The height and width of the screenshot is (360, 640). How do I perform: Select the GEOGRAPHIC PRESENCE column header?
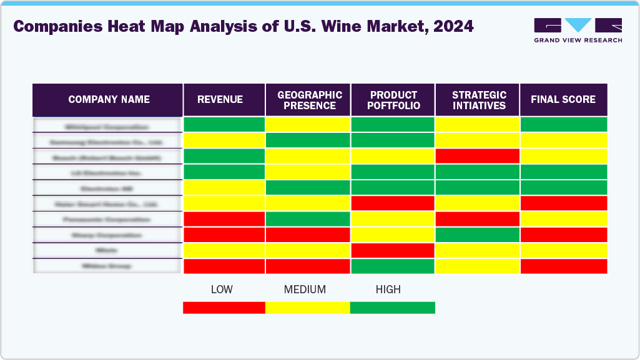[309, 100]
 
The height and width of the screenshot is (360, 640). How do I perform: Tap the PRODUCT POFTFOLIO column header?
[393, 100]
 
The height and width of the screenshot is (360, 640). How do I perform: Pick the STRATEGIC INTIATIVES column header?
[478, 100]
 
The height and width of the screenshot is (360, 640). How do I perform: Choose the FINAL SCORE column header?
[563, 100]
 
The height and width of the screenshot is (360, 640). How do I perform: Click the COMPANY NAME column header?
[109, 100]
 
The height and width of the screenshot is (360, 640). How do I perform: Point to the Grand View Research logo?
[578, 30]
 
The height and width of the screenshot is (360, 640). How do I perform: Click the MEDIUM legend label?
[305, 289]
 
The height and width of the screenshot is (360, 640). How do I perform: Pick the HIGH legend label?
[388, 289]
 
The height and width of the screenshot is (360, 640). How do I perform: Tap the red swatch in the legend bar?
[224, 308]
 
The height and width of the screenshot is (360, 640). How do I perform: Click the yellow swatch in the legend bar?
[307, 308]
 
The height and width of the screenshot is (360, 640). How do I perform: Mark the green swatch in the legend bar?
[392, 308]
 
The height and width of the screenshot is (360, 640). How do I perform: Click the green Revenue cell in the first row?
[224, 125]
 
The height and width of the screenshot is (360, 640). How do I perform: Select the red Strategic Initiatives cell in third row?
[478, 156]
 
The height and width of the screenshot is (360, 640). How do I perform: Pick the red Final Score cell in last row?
[563, 266]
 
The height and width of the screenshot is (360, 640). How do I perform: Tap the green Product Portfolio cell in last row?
[393, 266]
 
